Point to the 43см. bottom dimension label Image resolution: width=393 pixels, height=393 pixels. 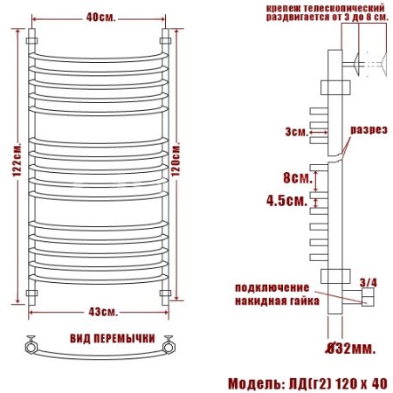(x=96, y=312)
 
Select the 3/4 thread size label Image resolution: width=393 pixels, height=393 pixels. (x=369, y=281)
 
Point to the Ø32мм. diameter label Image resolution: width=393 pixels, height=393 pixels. (x=351, y=349)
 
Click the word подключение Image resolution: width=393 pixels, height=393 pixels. (x=272, y=287)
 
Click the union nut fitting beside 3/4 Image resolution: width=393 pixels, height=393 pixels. (x=366, y=299)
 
